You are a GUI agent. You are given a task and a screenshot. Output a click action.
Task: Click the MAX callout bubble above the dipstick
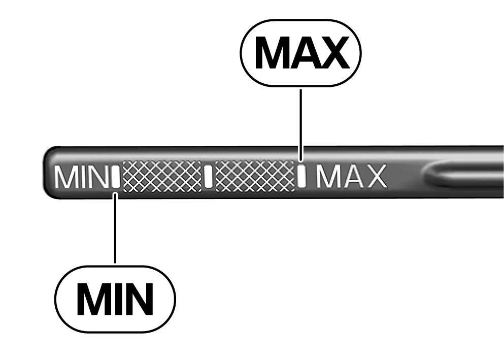tap(300, 53)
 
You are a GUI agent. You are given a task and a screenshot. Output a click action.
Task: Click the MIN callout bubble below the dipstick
tap(115, 299)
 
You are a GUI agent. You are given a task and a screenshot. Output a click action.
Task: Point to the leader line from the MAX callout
tap(300, 125)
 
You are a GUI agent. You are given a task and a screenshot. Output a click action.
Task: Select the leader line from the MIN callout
tap(115, 228)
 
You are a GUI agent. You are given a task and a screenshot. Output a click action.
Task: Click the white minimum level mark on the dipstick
tap(116, 177)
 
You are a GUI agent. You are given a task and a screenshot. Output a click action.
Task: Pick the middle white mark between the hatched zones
tap(209, 176)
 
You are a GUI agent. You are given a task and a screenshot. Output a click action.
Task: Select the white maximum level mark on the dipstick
tap(301, 176)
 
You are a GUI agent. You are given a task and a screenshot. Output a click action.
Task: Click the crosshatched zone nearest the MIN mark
tap(162, 177)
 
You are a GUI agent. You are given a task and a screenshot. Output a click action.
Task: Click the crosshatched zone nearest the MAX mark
tap(255, 177)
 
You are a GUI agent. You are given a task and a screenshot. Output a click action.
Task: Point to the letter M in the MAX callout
tap(271, 52)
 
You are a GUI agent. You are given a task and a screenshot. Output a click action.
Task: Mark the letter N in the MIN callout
tap(137, 299)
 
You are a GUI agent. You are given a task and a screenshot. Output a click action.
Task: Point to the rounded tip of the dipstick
tap(48, 173)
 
